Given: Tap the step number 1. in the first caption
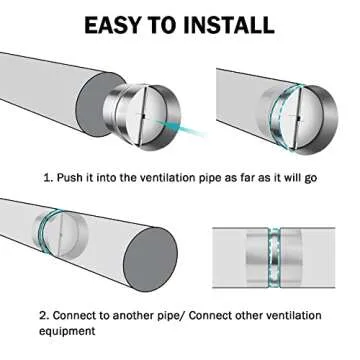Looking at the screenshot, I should click(x=49, y=179).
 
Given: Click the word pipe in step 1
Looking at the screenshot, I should click(x=207, y=179).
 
